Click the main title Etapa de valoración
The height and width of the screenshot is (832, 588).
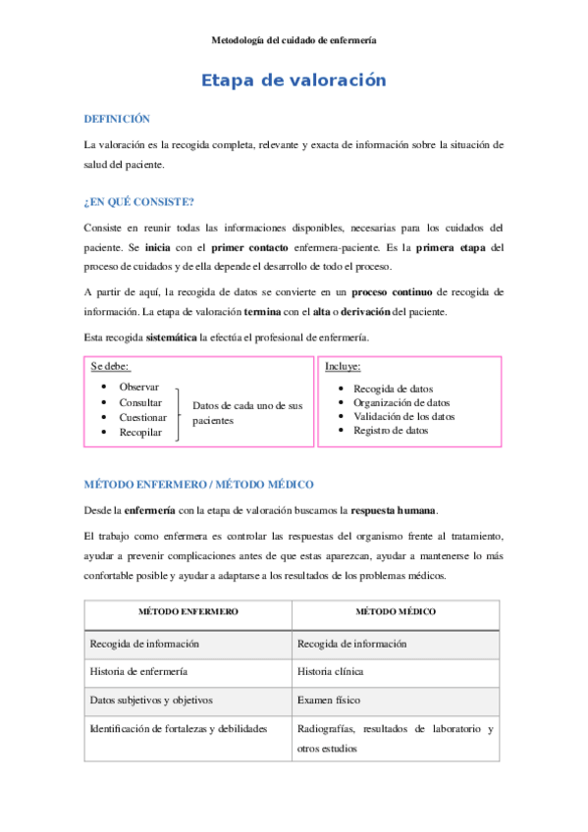pos(294,80)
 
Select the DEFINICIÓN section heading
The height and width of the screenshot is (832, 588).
pos(117,118)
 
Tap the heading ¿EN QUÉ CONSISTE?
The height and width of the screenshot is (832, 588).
pos(138,202)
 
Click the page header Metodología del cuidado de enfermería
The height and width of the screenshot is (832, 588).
pos(294,40)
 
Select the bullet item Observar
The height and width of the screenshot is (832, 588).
pos(138,387)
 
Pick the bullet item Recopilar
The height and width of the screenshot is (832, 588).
pos(140,432)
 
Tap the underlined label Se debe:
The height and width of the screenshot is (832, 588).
pos(110,366)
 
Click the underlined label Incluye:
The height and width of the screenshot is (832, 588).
pos(343,366)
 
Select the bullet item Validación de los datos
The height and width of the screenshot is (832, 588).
pos(403,416)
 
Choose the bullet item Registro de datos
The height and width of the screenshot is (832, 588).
pos(390,431)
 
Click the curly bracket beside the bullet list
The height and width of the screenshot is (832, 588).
pos(180,412)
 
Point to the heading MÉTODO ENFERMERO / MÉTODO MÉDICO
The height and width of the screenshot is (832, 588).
pos(198,485)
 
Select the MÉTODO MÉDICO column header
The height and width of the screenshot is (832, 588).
pos(396,611)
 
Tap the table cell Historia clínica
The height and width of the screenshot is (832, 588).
pos(330,672)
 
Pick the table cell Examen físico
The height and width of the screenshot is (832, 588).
pos(325,701)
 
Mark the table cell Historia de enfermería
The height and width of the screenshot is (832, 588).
pos(138,672)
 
